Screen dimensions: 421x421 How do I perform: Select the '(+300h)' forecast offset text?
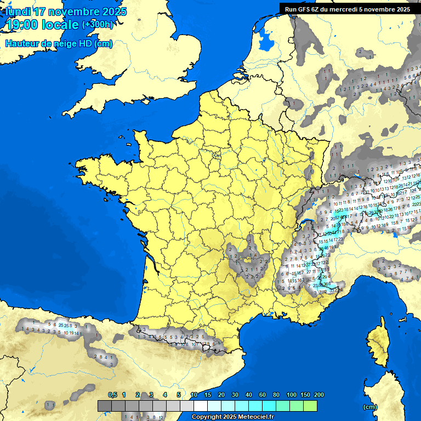(x=99, y=25)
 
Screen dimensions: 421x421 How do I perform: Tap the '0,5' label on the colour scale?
(x=112, y=395)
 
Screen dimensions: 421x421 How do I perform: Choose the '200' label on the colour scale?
(x=318, y=395)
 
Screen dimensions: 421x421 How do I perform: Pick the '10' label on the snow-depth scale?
(x=194, y=395)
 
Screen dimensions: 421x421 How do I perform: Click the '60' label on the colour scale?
(x=263, y=395)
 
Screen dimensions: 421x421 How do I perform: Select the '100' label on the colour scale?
(x=292, y=395)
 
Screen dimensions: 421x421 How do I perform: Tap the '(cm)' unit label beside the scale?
(x=370, y=407)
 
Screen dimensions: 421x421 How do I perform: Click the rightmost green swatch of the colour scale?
(x=310, y=406)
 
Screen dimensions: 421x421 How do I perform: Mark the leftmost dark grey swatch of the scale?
(x=105, y=406)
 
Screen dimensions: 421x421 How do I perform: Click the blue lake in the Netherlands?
(x=266, y=40)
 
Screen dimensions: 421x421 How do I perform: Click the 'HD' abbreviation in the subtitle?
(x=86, y=44)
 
